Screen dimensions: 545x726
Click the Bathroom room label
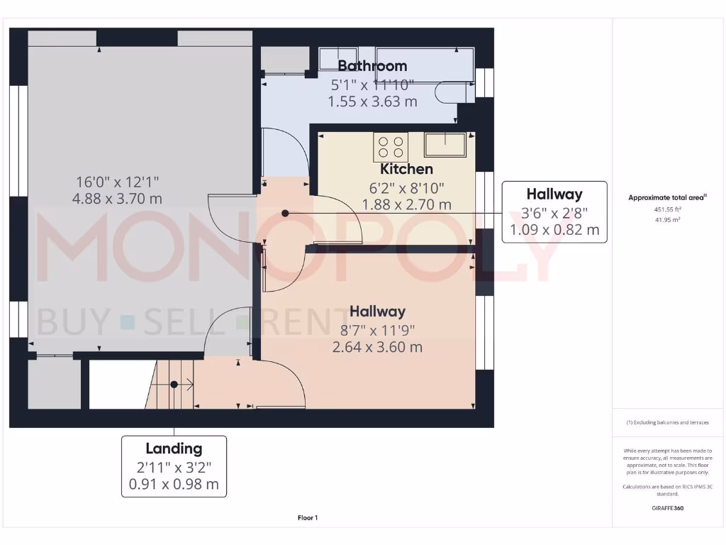point(372,66)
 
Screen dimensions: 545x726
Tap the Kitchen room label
point(406,169)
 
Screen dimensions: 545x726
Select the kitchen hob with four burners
point(391,147)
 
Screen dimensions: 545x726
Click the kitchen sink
point(445,144)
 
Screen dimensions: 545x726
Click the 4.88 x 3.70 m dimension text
point(117,199)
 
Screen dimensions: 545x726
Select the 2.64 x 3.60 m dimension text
point(377,347)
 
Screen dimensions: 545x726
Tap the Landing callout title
point(174,448)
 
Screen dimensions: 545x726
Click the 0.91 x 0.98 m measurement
point(174,485)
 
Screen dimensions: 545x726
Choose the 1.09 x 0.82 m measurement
point(554,230)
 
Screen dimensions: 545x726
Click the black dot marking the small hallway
point(285,213)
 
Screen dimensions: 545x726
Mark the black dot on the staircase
point(174,385)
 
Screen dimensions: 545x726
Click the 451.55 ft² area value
point(666,210)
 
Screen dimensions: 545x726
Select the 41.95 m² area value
point(666,220)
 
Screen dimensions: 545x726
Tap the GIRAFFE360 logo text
point(666,508)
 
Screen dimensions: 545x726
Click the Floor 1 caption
point(307,518)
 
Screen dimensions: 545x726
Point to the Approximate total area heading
point(667,198)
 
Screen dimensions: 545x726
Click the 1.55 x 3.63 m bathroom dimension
point(372,101)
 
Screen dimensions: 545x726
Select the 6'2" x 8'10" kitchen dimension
point(406,187)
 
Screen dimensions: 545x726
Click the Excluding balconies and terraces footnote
point(666,422)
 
